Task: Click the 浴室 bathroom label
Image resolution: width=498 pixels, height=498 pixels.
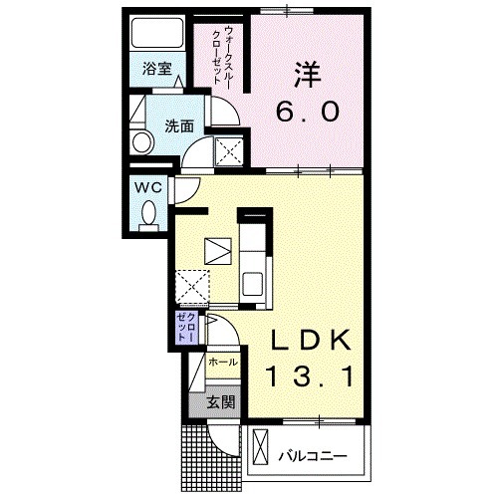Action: (x=155, y=70)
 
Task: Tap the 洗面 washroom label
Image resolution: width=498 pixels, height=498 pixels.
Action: (x=179, y=126)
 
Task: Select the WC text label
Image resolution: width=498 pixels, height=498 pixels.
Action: (x=147, y=186)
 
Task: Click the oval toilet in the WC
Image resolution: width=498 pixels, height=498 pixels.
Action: (x=148, y=212)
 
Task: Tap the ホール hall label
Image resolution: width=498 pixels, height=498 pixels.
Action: (x=223, y=363)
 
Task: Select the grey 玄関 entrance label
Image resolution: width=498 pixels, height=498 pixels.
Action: (x=220, y=402)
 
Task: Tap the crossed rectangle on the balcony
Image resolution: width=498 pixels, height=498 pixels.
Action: (x=261, y=447)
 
